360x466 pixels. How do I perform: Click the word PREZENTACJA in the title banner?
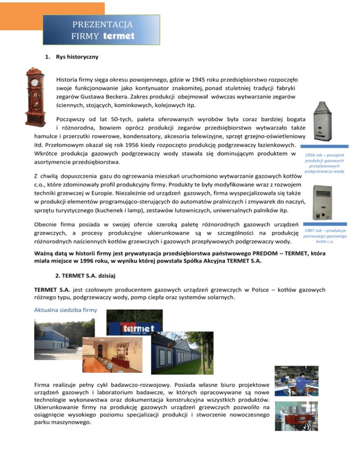tap(101, 23)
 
